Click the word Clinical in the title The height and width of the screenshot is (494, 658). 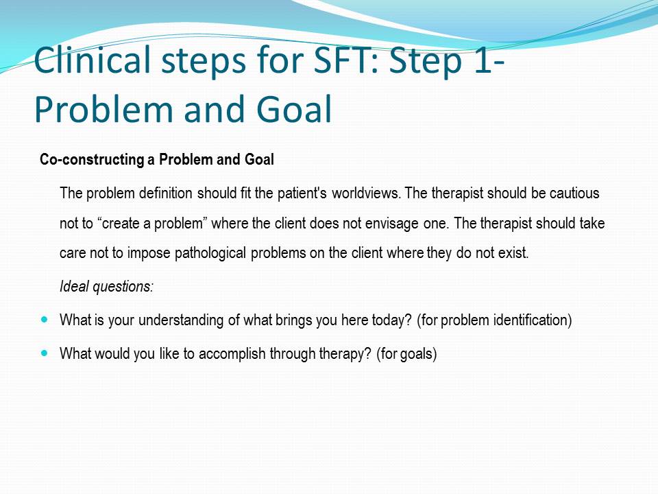point(92,59)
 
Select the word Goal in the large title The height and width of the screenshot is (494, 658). point(294,109)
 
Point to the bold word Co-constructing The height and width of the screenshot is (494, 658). point(92,160)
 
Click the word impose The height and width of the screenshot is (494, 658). point(149,253)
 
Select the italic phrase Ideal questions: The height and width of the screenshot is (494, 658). point(107,287)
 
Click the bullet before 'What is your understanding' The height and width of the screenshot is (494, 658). point(45,320)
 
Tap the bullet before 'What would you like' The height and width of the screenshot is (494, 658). point(45,353)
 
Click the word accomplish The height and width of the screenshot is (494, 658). point(232,354)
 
